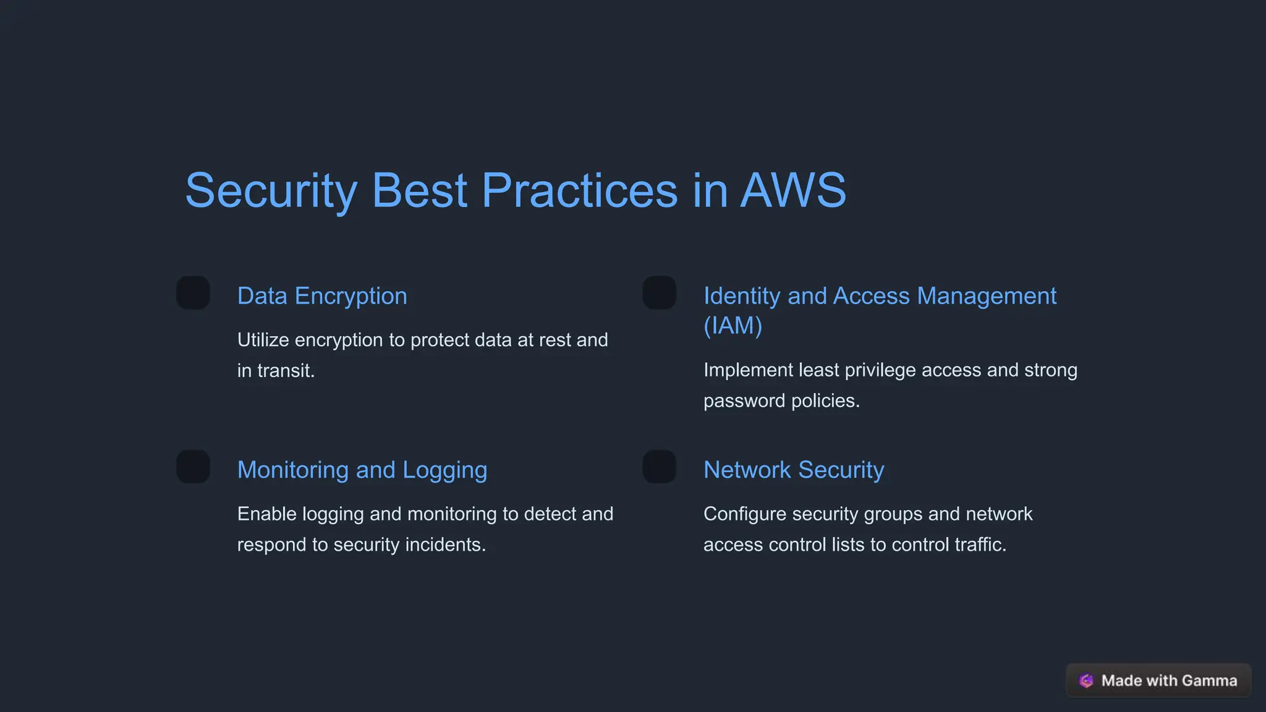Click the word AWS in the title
(x=793, y=190)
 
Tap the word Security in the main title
(x=271, y=190)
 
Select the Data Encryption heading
(x=322, y=296)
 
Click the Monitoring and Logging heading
(x=362, y=470)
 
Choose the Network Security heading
(x=794, y=470)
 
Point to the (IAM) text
(x=733, y=326)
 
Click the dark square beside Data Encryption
(x=193, y=293)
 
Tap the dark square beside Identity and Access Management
(x=659, y=293)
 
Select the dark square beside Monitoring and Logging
(x=193, y=467)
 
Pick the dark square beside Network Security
(x=659, y=467)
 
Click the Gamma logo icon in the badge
(x=1086, y=680)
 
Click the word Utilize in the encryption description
(x=263, y=340)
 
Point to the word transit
(x=286, y=371)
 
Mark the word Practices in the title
(x=579, y=190)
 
